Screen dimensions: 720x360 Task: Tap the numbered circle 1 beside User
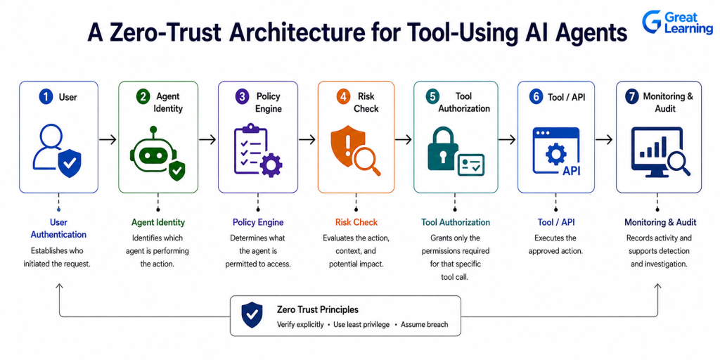(46, 97)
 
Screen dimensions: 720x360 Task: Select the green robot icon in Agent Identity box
(153, 149)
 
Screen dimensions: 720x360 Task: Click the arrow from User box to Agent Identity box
(108, 140)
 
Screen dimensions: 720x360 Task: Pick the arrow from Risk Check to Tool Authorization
(404, 140)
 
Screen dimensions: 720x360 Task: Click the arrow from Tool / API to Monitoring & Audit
(604, 140)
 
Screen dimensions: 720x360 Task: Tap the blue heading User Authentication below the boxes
(58, 229)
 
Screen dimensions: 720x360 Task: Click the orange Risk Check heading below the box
(356, 222)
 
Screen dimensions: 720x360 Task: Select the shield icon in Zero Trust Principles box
(252, 314)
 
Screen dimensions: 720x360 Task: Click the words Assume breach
(424, 325)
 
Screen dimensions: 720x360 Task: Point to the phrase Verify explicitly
(300, 325)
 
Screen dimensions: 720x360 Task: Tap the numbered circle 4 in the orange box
(342, 97)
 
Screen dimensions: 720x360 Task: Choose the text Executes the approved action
(556, 245)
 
